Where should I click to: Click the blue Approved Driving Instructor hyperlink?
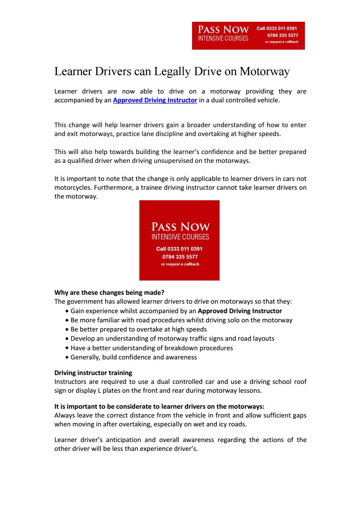click(x=155, y=100)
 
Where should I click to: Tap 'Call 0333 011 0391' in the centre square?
click(x=179, y=249)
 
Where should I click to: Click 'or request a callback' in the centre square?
click(x=180, y=264)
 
